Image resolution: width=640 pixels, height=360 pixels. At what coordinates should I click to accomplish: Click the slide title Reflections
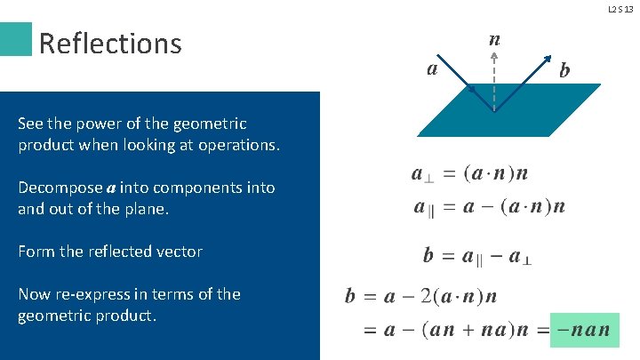(x=110, y=43)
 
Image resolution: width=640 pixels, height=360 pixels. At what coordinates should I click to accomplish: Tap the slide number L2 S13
(x=620, y=10)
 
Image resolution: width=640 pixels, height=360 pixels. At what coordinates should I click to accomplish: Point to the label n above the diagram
(x=494, y=40)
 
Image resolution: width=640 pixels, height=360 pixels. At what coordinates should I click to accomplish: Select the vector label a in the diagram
(x=431, y=68)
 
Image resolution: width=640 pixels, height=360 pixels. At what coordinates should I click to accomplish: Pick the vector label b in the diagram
(x=564, y=69)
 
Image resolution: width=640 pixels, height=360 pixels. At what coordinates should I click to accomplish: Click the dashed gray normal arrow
(x=494, y=80)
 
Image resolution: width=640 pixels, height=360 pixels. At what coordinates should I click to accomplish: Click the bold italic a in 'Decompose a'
(x=111, y=188)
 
